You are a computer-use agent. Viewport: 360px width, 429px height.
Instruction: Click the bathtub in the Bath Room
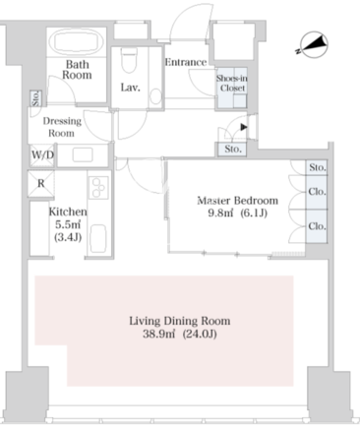tap(77, 42)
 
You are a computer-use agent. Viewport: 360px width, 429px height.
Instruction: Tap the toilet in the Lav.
tap(129, 60)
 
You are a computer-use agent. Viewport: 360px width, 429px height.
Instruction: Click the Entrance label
tap(186, 62)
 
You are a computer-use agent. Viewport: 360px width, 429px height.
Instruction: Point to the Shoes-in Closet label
tap(232, 83)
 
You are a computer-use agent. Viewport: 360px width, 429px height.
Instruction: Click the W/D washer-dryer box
tap(42, 155)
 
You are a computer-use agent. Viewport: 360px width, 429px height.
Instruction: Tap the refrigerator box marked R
tap(41, 184)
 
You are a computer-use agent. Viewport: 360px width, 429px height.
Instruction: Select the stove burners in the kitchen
tap(98, 187)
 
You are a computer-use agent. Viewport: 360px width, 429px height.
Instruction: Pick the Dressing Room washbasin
tap(83, 154)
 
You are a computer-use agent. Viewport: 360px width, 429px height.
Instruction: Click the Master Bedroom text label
tap(237, 201)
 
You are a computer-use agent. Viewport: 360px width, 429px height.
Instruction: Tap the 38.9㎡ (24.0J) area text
tap(180, 334)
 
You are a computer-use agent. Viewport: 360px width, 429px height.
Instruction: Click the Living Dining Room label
tap(180, 321)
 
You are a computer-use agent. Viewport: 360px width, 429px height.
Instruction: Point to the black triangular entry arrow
tap(243, 127)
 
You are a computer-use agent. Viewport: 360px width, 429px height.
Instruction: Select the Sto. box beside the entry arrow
tap(233, 150)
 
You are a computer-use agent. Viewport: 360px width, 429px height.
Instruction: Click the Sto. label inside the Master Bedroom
tap(318, 167)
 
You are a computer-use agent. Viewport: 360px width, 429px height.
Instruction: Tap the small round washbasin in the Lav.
tap(156, 96)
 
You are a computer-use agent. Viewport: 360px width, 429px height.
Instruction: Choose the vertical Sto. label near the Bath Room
tap(35, 98)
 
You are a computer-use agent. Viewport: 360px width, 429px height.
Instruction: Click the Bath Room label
tap(77, 70)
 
